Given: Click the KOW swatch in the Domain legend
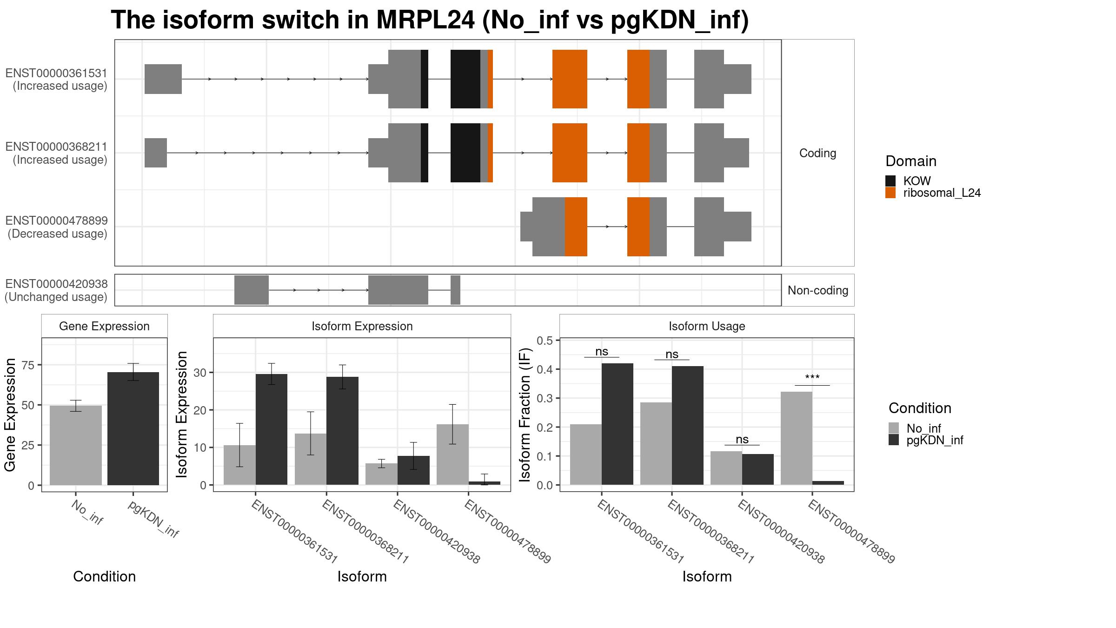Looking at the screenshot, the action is [890, 181].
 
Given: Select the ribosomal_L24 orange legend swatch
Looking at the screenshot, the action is [890, 193].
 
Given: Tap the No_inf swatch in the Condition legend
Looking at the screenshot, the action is [894, 428].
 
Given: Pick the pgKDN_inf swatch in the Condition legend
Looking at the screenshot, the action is [894, 440].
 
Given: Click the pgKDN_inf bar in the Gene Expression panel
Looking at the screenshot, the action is [133, 428].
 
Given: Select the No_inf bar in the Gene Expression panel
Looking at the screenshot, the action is [75, 445].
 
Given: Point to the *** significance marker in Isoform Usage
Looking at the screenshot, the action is [812, 377].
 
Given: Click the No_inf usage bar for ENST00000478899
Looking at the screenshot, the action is [797, 438].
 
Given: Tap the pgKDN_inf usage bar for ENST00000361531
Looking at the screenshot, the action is [618, 424].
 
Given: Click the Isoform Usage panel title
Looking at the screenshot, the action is [707, 326].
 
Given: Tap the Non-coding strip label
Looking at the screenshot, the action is [818, 290].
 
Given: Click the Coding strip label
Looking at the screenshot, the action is [817, 153].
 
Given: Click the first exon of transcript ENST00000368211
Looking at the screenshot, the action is [156, 153].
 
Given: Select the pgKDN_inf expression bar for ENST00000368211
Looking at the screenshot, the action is [342, 431].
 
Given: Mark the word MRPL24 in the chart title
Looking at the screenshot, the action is [425, 20].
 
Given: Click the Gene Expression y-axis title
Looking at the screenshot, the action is [10, 414].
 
